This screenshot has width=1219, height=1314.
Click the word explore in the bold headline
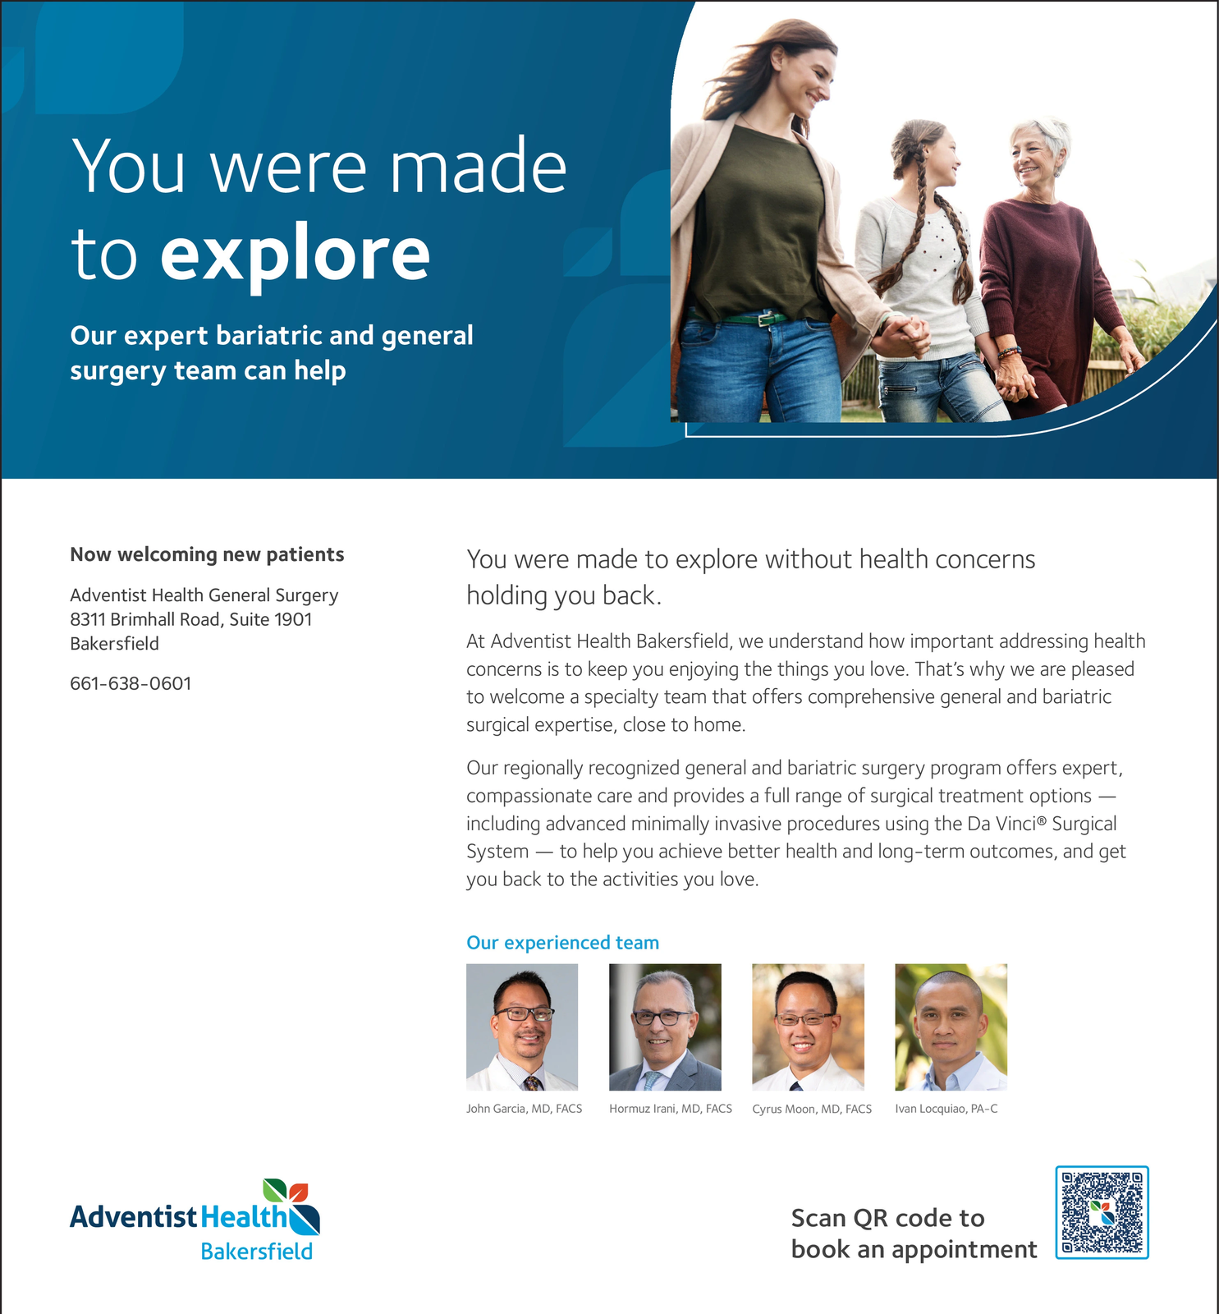coord(295,255)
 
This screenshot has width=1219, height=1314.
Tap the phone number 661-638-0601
coord(131,683)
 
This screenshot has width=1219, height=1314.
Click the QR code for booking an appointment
coord(1102,1212)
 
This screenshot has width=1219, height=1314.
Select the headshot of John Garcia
coord(522,1027)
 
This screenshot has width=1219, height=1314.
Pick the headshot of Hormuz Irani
coord(665,1027)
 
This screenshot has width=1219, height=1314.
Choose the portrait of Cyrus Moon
coord(808,1027)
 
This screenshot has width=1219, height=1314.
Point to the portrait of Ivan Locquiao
coord(951,1027)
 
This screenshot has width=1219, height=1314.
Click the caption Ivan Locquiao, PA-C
coord(946,1109)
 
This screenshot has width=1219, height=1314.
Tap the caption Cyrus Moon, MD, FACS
coord(812,1109)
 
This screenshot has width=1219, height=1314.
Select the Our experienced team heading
coord(562,943)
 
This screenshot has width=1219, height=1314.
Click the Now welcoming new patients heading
coord(207,554)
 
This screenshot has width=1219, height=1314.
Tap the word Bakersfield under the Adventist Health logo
coord(256,1252)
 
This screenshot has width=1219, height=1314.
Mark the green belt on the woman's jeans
coord(743,318)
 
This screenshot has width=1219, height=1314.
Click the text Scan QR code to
coord(887,1218)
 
